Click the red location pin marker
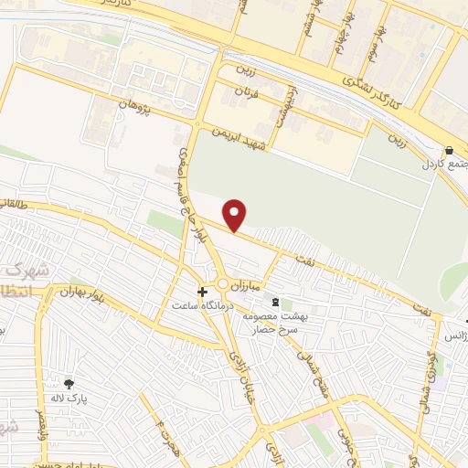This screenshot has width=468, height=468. tap(235, 215)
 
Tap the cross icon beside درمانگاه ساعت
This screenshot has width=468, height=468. tap(202, 292)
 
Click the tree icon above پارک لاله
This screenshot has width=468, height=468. tap(69, 383)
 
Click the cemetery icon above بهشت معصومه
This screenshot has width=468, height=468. tap(274, 302)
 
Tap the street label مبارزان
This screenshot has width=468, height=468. tap(246, 285)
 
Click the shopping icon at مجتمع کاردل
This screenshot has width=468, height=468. tap(449, 151)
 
